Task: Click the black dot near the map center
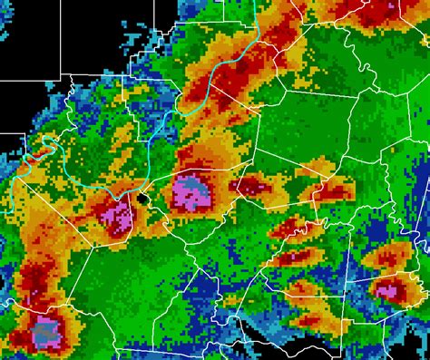(x=143, y=197)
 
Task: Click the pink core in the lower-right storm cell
(x=390, y=291)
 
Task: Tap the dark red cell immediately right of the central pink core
(x=246, y=187)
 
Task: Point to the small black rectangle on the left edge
(x=9, y=141)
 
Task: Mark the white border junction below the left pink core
(x=127, y=238)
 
